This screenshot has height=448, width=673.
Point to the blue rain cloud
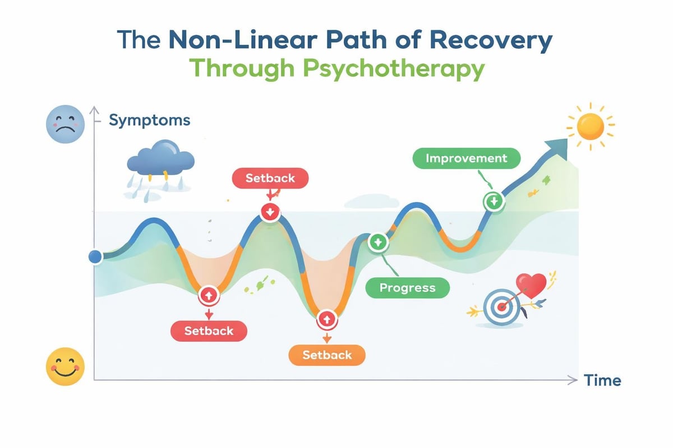152,163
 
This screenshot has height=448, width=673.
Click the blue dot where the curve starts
95,257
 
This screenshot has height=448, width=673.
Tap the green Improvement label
466,158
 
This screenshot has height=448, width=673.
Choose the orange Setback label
327,354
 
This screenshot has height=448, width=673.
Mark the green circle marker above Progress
377,242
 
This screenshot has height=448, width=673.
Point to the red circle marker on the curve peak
270,212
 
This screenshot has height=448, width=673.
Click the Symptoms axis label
149,120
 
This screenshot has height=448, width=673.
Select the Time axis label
602,381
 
